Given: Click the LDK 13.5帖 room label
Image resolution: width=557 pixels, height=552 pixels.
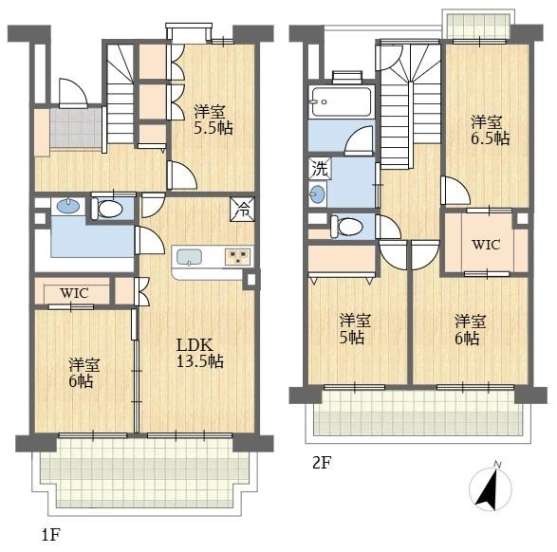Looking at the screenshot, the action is tap(200, 353).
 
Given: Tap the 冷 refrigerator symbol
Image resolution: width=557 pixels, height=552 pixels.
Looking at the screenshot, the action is tap(243, 209).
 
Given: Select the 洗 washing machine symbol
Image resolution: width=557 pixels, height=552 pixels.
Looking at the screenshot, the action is tap(320, 168).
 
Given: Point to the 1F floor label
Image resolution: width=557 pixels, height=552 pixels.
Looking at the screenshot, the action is tap(51, 535).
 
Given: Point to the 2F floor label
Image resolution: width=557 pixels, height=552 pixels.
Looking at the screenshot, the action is tap(322, 463).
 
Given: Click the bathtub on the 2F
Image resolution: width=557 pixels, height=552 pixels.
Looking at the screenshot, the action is tap(342, 101).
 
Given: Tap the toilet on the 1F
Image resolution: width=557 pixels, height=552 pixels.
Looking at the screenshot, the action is tap(107, 209).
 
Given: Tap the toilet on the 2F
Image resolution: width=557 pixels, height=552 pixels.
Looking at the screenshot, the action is tap(346, 226).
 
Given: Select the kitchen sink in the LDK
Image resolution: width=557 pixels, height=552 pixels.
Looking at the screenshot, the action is tap(189, 257).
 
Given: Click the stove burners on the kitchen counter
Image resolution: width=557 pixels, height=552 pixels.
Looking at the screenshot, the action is tap(237, 256).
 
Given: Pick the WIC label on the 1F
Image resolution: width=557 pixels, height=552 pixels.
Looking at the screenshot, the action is tap(74, 293).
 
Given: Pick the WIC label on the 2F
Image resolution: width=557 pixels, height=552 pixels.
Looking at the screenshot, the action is tap(486, 245).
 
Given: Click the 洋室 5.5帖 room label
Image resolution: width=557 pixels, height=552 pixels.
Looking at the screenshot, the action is tap(214, 120).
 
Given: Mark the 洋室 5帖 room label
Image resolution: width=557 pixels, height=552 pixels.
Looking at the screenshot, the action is tap(355, 329).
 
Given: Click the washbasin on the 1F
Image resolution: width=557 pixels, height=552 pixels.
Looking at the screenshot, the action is tap(68, 206).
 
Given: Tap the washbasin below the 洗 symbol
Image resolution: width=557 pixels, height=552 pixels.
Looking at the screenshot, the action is tap(317, 194).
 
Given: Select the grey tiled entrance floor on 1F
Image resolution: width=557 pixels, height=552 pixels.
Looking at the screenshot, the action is tap(76, 127).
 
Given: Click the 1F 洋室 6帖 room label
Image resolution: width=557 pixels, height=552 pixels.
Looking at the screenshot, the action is tap(84, 373).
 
